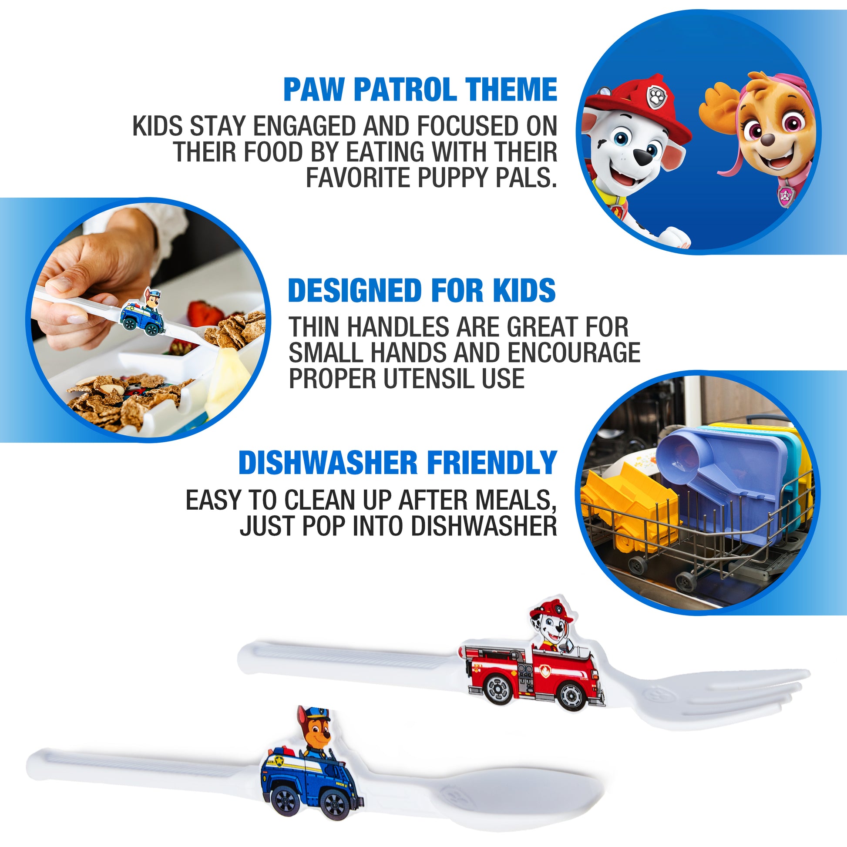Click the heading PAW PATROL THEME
pos(420,89)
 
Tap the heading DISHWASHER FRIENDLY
pos(398,463)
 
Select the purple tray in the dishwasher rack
pos(723,487)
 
